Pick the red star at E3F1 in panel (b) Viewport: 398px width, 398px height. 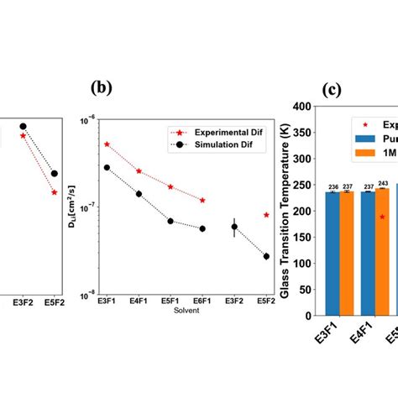coord(107,144)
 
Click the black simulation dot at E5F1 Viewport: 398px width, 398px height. coord(170,221)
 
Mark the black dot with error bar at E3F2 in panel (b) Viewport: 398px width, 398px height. coord(234,227)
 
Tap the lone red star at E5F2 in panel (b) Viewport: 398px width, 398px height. coord(266,215)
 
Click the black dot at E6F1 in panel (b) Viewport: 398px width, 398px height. coord(202,228)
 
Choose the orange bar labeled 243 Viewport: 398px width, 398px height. coord(382,250)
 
